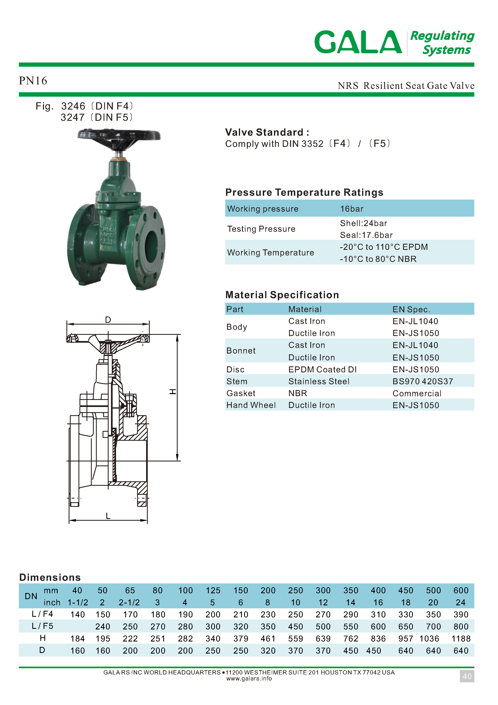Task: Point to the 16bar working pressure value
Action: coord(351,209)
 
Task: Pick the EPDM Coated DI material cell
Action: coord(322,369)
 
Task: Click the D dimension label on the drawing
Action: coord(108,320)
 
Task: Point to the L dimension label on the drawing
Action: coord(108,516)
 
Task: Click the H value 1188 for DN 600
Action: coord(461,639)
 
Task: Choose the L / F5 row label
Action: coord(42,626)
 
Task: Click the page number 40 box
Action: coord(467,676)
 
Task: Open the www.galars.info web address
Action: coord(249,679)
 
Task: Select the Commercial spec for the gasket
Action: coord(417,393)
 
